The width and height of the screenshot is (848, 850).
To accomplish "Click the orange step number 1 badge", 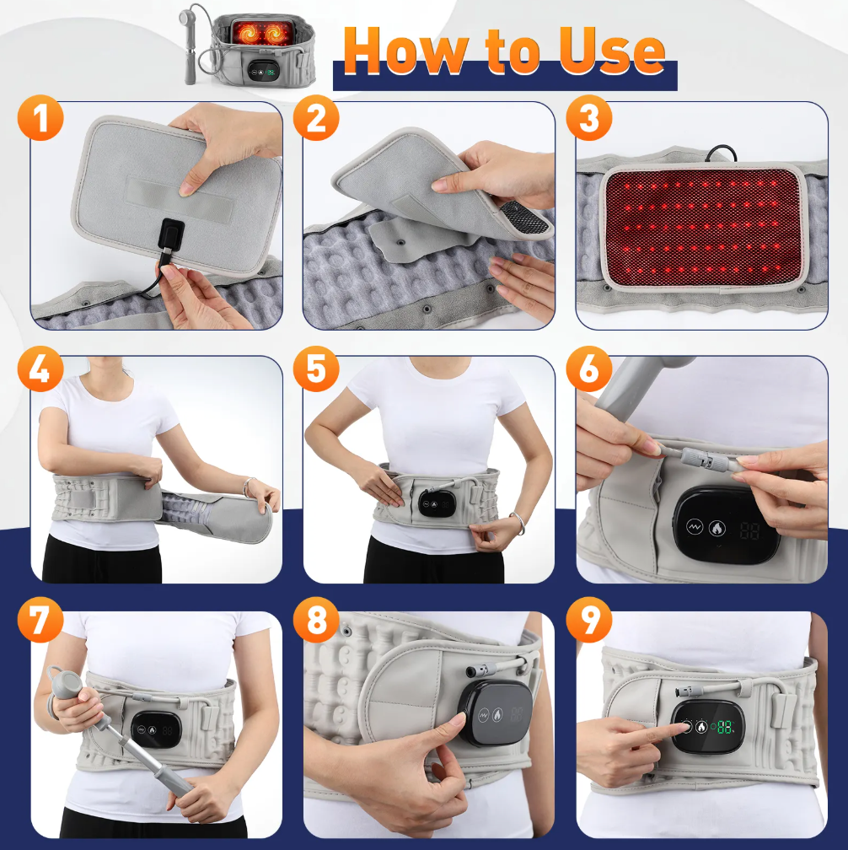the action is [x=40, y=118].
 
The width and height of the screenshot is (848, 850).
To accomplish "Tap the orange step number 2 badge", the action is [x=316, y=118].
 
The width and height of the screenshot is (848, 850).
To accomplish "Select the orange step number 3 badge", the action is [x=589, y=118].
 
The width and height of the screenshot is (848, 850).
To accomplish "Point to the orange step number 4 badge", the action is [x=40, y=369].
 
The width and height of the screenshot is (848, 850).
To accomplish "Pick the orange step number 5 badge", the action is [x=316, y=369].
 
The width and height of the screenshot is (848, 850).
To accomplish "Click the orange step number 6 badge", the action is [x=589, y=369].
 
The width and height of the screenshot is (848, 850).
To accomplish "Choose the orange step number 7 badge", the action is [x=40, y=620].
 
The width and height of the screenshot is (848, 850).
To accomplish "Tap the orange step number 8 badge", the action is [x=316, y=620].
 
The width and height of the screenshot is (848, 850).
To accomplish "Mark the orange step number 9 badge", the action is [x=589, y=620].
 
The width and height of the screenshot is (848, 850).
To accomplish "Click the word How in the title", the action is [x=406, y=51].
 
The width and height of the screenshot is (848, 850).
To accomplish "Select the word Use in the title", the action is [x=612, y=51].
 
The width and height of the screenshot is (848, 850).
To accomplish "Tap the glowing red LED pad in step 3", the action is [x=702, y=227].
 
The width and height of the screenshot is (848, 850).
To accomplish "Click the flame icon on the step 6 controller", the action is [x=717, y=527].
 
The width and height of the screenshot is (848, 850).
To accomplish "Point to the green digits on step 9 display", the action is [x=724, y=727].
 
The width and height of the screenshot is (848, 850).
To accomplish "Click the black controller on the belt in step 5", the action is [x=436, y=503].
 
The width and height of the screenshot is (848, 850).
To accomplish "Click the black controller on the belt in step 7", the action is [x=156, y=730].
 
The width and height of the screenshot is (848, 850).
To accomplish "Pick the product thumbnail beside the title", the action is [x=248, y=49].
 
